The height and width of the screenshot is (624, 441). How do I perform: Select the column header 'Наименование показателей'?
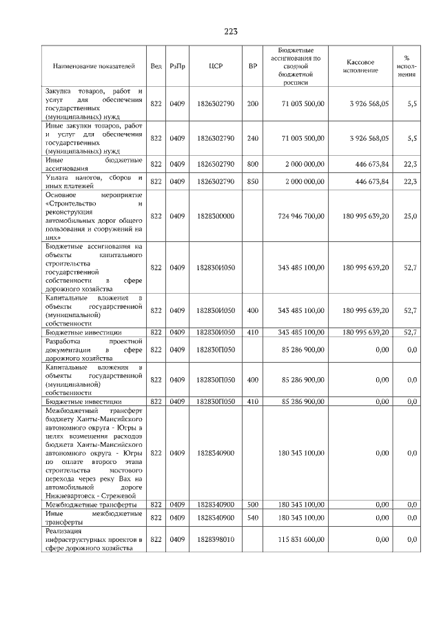point(94,66)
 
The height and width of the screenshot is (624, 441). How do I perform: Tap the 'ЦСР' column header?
point(215,66)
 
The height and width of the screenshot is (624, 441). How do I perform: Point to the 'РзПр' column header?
point(177,66)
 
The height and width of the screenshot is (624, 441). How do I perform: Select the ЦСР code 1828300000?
point(215,216)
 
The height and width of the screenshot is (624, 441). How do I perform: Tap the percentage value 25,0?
point(410,216)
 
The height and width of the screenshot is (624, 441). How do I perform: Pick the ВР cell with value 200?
point(252,103)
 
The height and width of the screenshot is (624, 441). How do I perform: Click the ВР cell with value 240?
point(252,138)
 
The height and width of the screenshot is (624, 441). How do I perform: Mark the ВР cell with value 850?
point(252,181)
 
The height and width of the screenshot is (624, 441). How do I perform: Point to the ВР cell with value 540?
point(252,517)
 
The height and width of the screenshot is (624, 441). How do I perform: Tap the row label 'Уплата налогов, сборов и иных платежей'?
point(94,181)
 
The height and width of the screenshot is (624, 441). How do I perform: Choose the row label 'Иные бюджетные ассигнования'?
point(94,163)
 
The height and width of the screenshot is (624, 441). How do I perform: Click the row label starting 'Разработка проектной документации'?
point(94,350)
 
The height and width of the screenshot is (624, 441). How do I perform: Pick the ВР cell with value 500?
point(252,505)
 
